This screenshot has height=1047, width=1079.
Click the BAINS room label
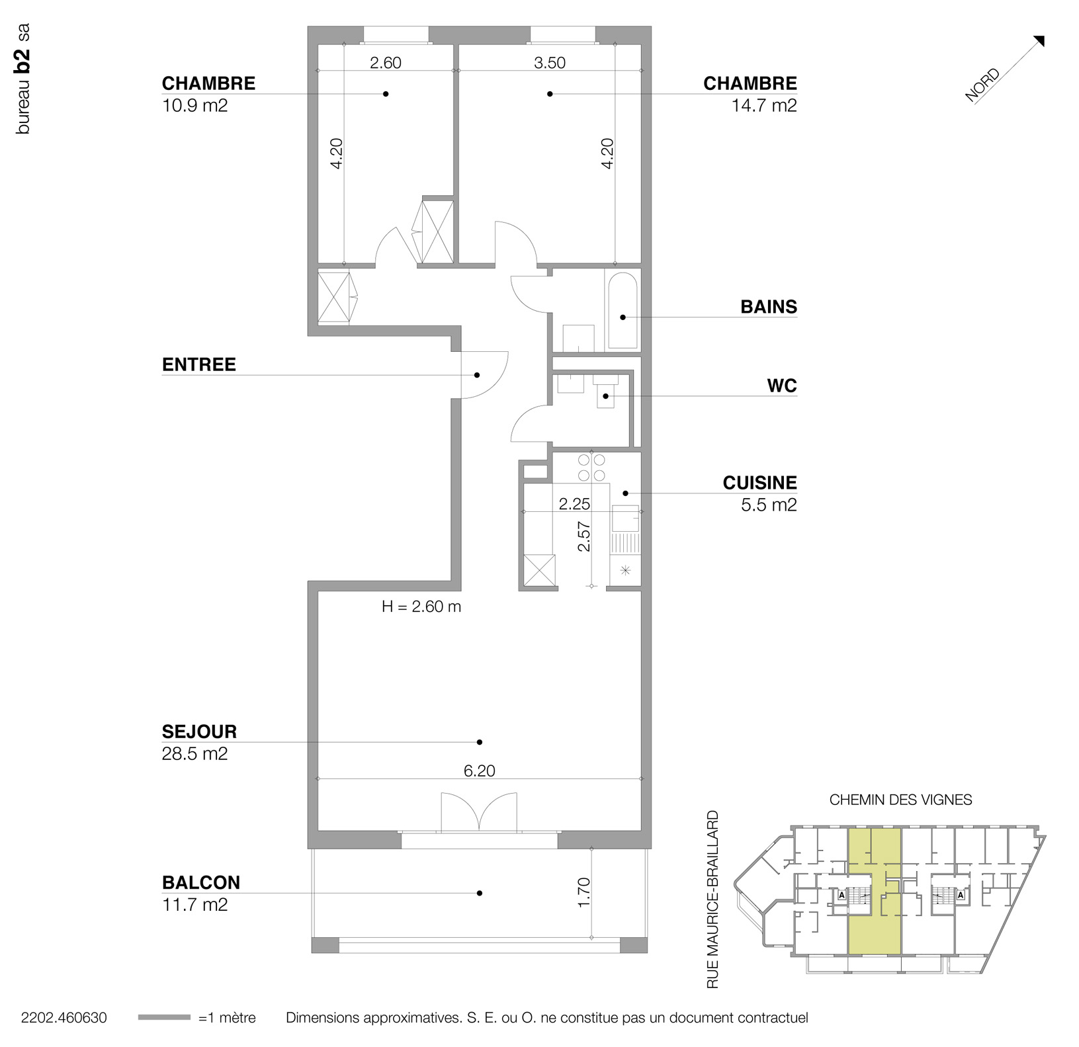tap(768, 307)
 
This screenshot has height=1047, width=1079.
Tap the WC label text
tap(782, 386)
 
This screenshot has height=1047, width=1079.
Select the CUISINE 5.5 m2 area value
tap(769, 505)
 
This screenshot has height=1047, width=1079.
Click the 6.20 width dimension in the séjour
tap(479, 771)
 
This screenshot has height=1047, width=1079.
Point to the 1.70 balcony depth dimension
tap(583, 892)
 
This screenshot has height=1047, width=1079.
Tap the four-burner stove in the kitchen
tap(591, 467)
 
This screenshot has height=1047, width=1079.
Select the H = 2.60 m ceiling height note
tap(421, 607)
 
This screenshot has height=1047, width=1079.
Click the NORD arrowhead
tap(1039, 41)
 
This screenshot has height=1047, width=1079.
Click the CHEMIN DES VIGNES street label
tap(900, 800)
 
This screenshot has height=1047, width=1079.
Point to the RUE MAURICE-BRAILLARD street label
tap(712, 900)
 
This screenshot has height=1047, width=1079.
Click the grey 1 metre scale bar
tap(164, 1017)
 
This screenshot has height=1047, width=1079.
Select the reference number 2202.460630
tap(64, 1018)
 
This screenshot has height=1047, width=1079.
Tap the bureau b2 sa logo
tap(23, 79)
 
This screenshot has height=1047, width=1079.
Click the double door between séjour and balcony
tap(478, 812)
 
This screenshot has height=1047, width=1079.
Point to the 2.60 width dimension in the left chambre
tap(385, 63)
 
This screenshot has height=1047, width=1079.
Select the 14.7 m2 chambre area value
tap(763, 105)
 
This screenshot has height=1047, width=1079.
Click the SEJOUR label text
tap(199, 732)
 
